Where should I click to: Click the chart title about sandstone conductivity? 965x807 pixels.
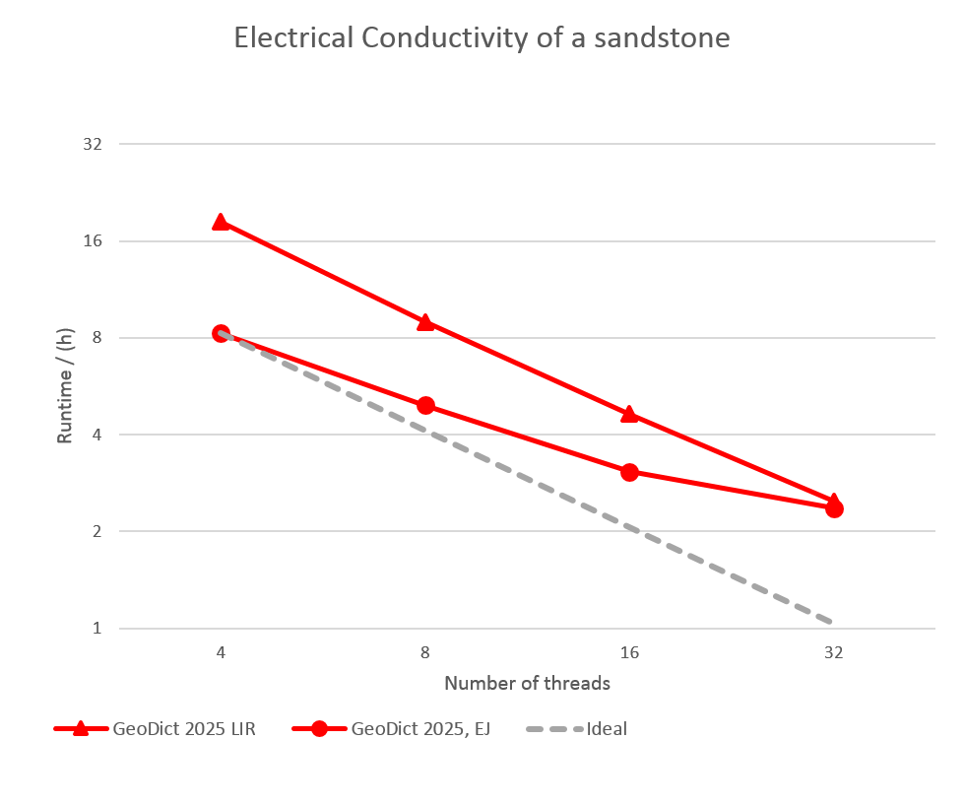(x=482, y=38)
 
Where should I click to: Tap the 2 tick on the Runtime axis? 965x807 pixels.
(x=97, y=531)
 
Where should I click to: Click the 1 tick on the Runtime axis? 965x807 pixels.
(x=97, y=628)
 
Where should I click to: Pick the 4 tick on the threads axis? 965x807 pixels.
(x=221, y=652)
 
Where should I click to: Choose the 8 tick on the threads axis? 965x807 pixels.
(x=425, y=652)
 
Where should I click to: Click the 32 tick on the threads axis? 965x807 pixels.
(x=834, y=652)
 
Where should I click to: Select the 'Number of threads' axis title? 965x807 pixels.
(x=527, y=683)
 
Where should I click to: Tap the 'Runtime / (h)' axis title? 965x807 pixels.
(x=65, y=385)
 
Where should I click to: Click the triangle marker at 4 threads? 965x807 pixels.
(x=221, y=222)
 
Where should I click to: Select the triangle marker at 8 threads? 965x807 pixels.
(x=425, y=321)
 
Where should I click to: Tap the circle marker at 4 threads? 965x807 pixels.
(x=221, y=334)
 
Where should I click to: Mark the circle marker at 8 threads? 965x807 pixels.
(x=425, y=405)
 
